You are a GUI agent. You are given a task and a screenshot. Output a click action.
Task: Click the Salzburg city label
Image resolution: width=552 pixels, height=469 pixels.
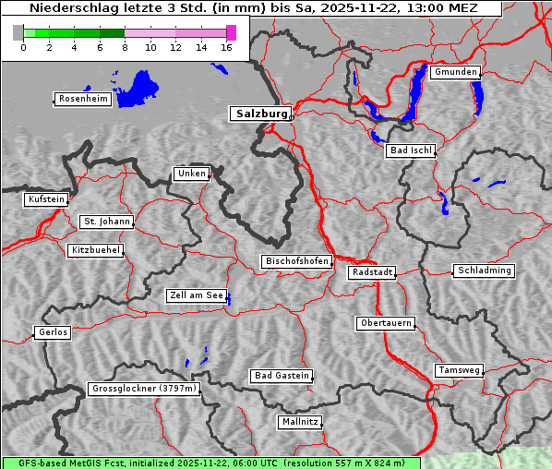pyautogui.click(x=260, y=114)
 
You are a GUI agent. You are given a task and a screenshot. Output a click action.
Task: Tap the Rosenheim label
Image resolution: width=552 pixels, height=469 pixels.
pyautogui.click(x=82, y=99)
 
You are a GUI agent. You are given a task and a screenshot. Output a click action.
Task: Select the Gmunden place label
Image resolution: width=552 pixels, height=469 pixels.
pyautogui.click(x=455, y=72)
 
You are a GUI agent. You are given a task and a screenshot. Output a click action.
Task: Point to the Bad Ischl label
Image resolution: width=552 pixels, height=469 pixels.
pyautogui.click(x=410, y=150)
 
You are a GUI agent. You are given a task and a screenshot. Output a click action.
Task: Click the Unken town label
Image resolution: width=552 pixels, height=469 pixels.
pyautogui.click(x=191, y=174)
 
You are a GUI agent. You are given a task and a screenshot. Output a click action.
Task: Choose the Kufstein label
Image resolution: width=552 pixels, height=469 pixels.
pyautogui.click(x=46, y=199)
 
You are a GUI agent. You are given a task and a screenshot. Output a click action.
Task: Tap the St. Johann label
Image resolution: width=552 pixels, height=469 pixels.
pyautogui.click(x=106, y=222)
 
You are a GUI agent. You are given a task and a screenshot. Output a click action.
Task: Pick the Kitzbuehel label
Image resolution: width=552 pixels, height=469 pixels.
pyautogui.click(x=95, y=250)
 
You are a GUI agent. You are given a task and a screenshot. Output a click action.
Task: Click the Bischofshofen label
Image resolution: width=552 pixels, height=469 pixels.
pyautogui.click(x=296, y=262)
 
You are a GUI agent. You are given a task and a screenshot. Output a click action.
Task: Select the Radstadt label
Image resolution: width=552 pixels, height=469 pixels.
pyautogui.click(x=372, y=272)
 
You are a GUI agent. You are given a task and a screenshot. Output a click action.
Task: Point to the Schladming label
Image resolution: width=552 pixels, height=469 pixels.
pyautogui.click(x=483, y=271)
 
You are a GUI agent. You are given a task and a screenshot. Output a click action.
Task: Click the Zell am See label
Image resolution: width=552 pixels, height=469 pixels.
pyautogui.click(x=196, y=295)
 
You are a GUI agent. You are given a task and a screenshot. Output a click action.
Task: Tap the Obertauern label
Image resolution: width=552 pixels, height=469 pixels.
pyautogui.click(x=385, y=323)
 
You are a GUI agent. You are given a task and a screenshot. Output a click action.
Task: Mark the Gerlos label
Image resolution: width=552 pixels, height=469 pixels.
pyautogui.click(x=53, y=332)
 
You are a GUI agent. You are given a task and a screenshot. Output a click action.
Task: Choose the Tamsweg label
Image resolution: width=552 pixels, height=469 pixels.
pyautogui.click(x=459, y=370)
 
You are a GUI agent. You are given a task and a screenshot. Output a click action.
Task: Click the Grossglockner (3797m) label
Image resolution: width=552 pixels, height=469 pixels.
pyautogui.click(x=144, y=389)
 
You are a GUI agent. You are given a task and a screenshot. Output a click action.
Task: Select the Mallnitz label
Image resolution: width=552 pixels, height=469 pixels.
pyautogui.click(x=300, y=422)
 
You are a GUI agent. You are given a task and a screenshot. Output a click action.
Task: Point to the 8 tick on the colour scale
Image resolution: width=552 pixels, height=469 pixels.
pyautogui.click(x=125, y=48)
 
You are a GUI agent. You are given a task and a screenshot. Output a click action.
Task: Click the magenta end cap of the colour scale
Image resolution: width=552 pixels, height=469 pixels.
pyautogui.click(x=231, y=32)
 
